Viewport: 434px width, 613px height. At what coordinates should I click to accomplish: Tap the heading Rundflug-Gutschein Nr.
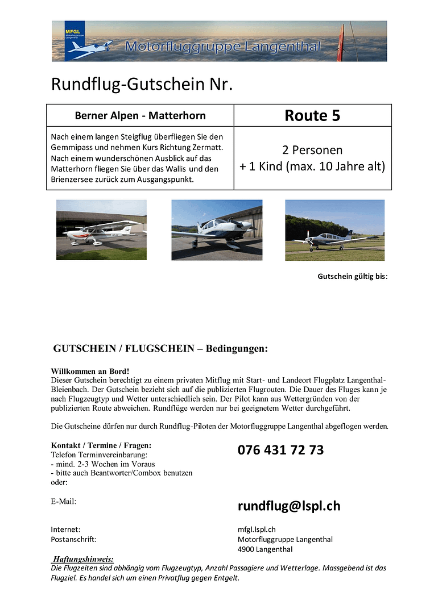[x=142, y=84]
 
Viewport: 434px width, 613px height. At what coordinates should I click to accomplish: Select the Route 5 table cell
[x=312, y=115]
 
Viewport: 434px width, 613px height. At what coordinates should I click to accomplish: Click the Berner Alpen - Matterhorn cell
[x=140, y=115]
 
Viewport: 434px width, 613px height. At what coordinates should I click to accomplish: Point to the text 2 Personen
[x=312, y=150]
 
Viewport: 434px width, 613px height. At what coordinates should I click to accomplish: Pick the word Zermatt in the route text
[x=203, y=147]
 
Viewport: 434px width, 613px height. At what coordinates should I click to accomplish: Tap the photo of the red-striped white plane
[x=101, y=230]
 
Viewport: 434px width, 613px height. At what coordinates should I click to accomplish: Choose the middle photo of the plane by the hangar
[x=217, y=230]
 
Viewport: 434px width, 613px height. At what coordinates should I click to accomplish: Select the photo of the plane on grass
[x=334, y=230]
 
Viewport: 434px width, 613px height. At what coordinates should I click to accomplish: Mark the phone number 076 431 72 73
[x=280, y=450]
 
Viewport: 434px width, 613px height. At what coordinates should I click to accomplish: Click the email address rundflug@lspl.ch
[x=289, y=506]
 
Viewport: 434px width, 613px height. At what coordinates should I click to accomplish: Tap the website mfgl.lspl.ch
[x=257, y=529]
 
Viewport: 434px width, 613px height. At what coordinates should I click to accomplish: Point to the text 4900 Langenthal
[x=265, y=549]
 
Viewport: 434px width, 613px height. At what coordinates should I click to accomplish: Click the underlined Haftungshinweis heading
[x=82, y=558]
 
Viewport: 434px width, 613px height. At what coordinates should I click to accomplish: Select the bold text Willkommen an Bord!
[x=90, y=371]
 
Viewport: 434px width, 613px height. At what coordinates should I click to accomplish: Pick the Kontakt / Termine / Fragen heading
[x=101, y=445]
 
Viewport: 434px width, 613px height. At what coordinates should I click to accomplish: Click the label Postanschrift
[x=73, y=539]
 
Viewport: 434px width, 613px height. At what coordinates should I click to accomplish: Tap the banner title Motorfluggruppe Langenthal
[x=222, y=47]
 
